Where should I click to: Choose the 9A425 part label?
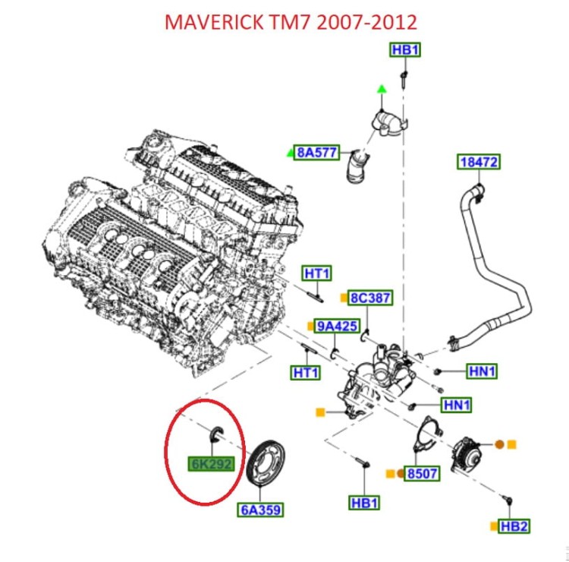pyautogui.click(x=337, y=327)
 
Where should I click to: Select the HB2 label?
pyautogui.click(x=514, y=526)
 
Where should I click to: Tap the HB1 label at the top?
pyautogui.click(x=405, y=50)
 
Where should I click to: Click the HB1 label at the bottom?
pyautogui.click(x=365, y=503)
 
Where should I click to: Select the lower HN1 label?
pyautogui.click(x=457, y=406)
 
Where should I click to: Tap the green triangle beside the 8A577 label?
pyautogui.click(x=291, y=153)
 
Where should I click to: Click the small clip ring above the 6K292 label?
pyautogui.click(x=214, y=431)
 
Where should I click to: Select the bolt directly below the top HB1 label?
pyautogui.click(x=405, y=77)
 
